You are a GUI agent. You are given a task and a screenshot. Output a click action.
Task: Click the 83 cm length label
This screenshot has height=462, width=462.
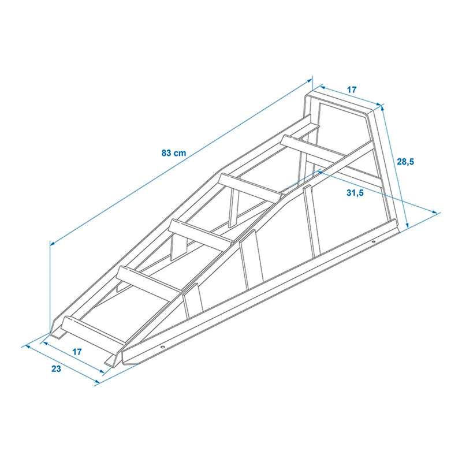click(173, 153)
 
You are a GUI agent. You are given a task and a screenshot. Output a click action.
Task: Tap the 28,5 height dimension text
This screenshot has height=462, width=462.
click(405, 162)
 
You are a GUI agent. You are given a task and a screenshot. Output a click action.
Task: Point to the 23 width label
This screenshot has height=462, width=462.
click(56, 369)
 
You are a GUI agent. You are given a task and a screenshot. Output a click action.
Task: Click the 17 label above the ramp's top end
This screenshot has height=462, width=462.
click(352, 90)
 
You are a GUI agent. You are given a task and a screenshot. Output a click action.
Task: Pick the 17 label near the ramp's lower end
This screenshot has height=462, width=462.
click(77, 352)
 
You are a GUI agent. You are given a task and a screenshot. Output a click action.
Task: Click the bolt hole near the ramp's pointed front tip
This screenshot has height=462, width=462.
click(162, 348)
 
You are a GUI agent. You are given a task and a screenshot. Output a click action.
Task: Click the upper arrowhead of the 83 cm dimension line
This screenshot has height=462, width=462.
click(310, 81)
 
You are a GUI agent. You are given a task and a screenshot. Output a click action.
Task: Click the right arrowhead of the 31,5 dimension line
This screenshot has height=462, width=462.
click(437, 213)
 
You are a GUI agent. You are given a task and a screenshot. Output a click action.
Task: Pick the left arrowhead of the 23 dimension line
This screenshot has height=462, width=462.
click(25, 346)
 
